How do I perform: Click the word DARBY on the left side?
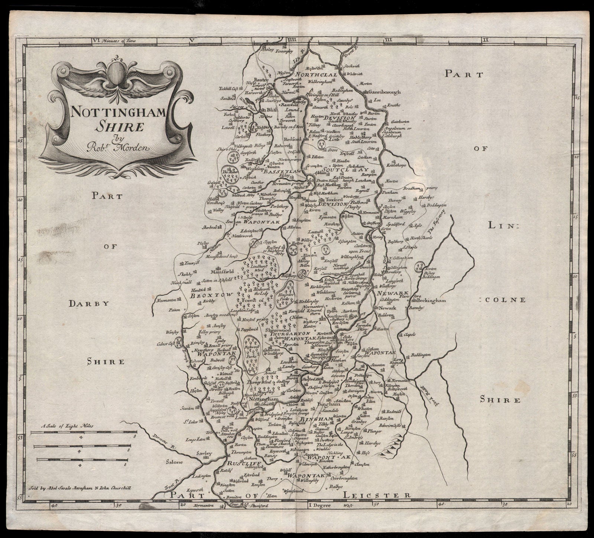tap(89, 304)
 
